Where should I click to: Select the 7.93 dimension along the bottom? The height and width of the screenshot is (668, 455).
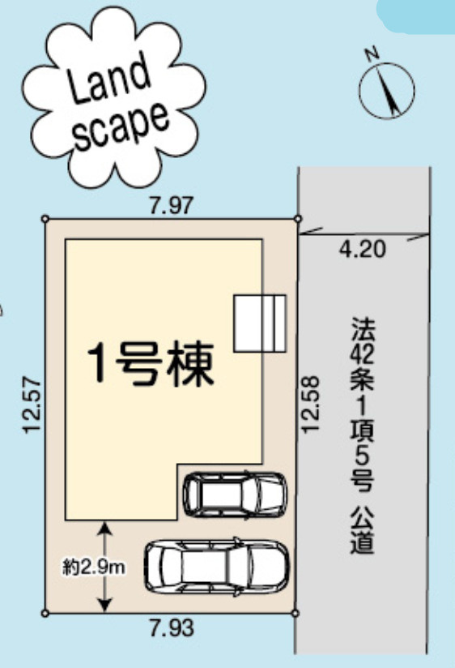[170, 627]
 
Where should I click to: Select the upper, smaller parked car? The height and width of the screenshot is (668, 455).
[235, 494]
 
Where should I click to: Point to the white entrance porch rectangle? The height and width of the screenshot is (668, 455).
[260, 323]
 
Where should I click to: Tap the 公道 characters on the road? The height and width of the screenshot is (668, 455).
[362, 530]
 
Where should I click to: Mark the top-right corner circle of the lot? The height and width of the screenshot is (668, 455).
[297, 218]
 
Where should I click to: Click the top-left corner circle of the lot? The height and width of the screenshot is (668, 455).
[45, 218]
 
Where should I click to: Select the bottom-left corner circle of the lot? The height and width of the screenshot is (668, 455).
[45, 613]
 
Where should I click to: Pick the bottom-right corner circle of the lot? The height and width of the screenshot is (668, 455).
[296, 613]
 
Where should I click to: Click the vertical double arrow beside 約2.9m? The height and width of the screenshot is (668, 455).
[104, 566]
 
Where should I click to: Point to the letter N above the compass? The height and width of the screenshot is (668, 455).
[372, 54]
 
